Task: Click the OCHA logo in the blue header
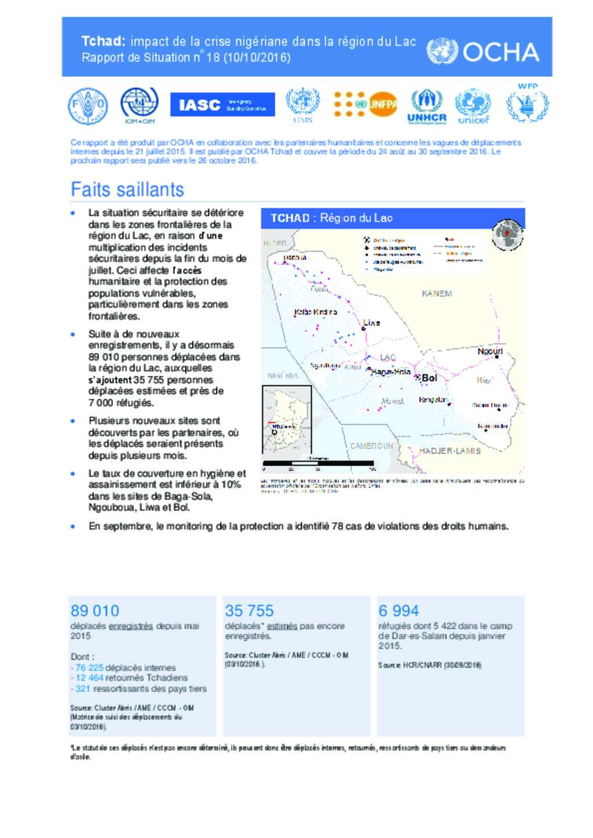(x=483, y=52)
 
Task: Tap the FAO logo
(x=87, y=106)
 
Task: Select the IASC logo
(x=222, y=105)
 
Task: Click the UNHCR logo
(x=427, y=107)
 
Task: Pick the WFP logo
(x=528, y=104)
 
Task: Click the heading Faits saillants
(x=127, y=190)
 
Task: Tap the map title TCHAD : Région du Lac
(x=331, y=218)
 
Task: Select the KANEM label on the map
(x=437, y=294)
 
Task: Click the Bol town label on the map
(x=429, y=378)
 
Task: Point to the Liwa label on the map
(x=372, y=323)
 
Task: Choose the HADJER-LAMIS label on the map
(x=449, y=451)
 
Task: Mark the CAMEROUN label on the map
(x=371, y=446)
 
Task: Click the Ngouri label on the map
(x=490, y=352)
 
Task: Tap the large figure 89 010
(x=95, y=611)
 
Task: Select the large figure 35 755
(x=249, y=611)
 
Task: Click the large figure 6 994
(x=398, y=611)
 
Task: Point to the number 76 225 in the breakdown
(x=89, y=667)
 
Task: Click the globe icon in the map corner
(x=507, y=235)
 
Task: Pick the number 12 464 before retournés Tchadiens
(x=89, y=678)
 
